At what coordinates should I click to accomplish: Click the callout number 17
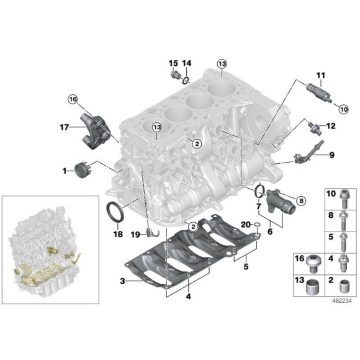coord(63,128)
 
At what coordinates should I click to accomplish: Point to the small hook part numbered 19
coord(149,233)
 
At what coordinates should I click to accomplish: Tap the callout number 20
coord(245,225)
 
